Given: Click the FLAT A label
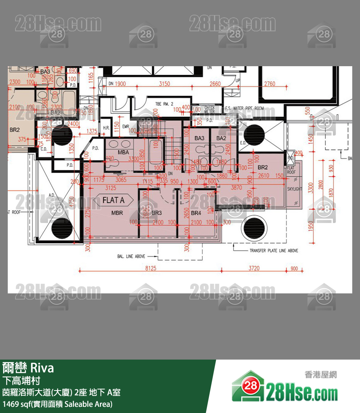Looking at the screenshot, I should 113,200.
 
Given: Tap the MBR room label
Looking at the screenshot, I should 117,213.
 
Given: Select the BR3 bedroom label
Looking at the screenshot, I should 157,213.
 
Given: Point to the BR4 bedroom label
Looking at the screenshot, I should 196,213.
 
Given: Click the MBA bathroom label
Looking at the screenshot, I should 123,153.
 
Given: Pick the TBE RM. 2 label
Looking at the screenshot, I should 164,104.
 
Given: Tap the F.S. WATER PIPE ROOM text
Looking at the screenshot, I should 245,108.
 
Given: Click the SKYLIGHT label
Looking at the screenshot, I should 295,189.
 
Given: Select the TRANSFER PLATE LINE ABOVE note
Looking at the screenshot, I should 274,251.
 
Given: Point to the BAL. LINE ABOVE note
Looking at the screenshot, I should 131,256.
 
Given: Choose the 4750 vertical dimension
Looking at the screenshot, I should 71,203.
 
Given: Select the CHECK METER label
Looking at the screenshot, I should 210,110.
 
